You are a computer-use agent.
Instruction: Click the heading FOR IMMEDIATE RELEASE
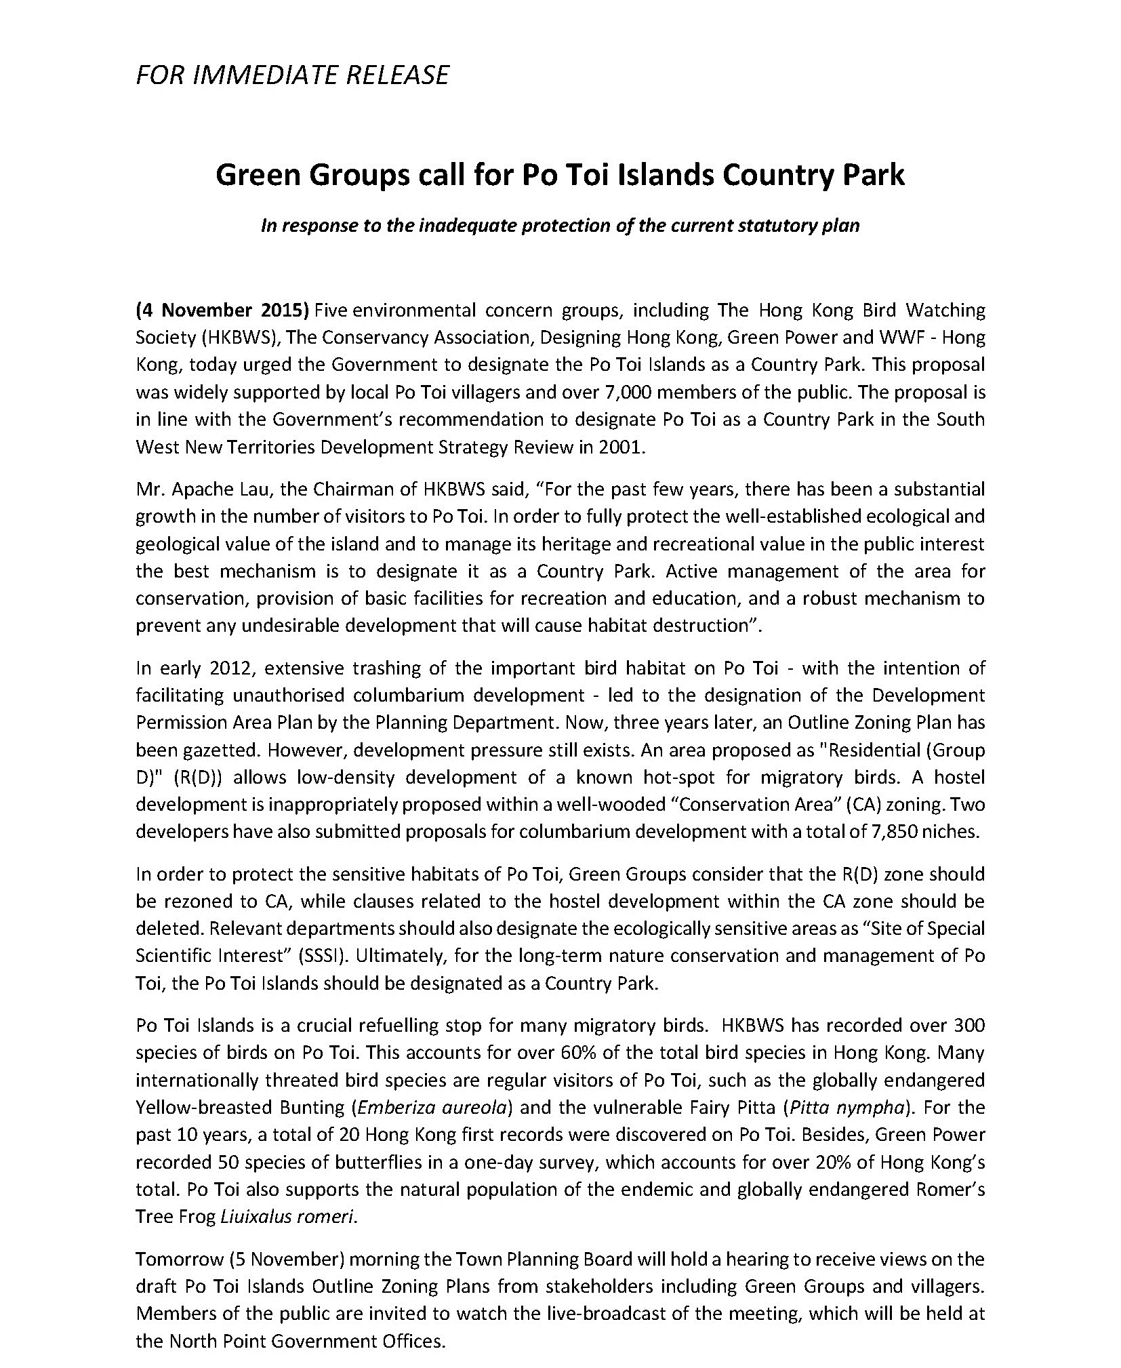pos(292,75)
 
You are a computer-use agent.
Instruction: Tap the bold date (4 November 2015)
pos(222,310)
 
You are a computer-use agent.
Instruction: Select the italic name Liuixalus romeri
pos(287,1217)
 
